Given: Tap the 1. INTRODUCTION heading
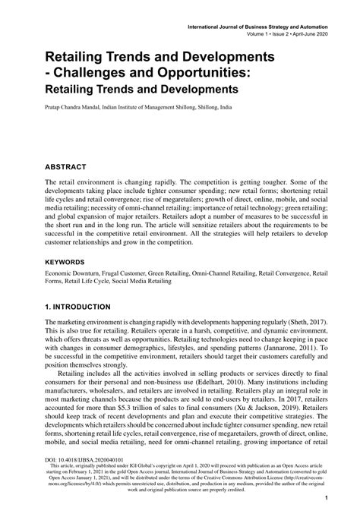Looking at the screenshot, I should (78, 307).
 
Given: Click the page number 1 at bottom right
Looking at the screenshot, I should (325, 500).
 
